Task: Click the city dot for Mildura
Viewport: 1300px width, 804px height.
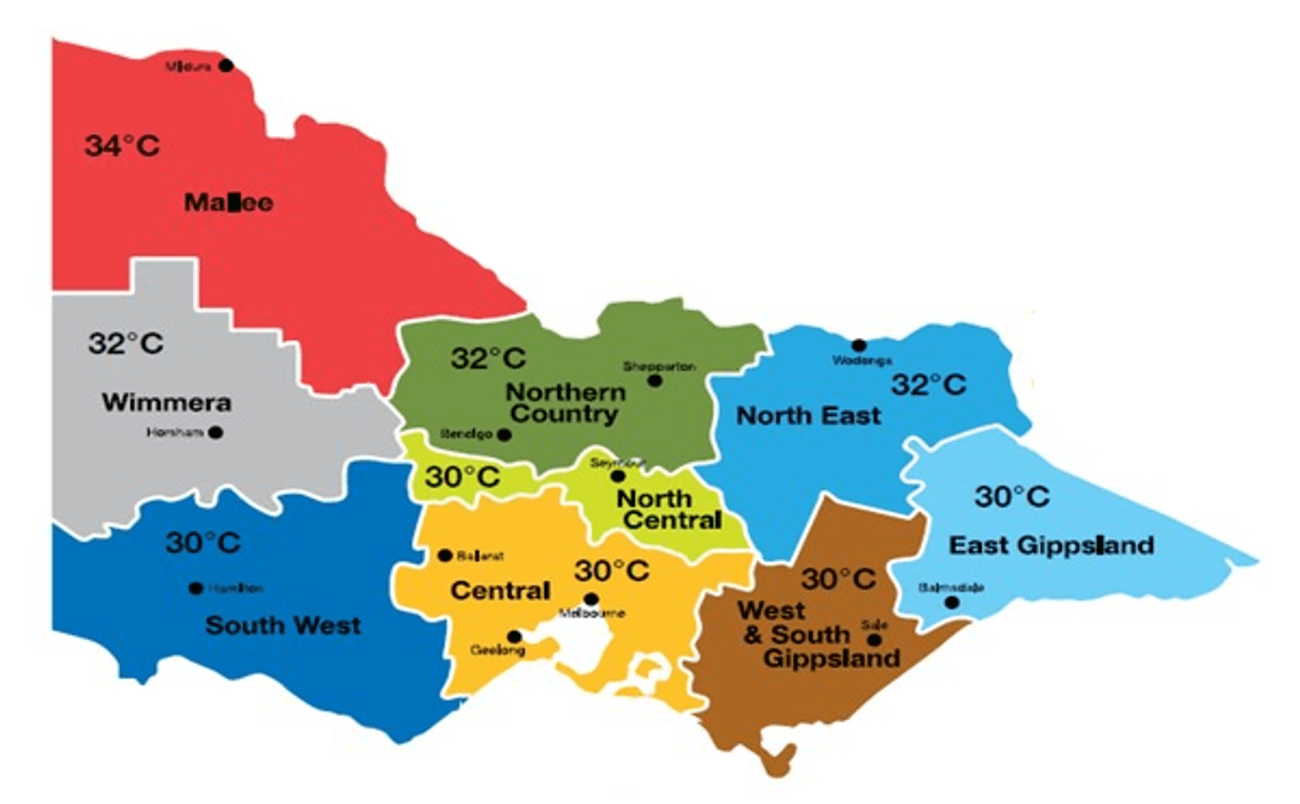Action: pyautogui.click(x=226, y=65)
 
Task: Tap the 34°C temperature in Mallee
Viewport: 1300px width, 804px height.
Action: pyautogui.click(x=122, y=146)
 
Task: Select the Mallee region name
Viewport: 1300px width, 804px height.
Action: pyautogui.click(x=229, y=202)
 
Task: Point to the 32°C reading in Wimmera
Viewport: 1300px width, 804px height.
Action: pyautogui.click(x=126, y=344)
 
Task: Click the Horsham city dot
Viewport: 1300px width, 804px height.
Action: pyautogui.click(x=216, y=432)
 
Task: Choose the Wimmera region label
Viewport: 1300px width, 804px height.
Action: pyautogui.click(x=167, y=402)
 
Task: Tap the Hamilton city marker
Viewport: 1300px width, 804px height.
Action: pyautogui.click(x=196, y=588)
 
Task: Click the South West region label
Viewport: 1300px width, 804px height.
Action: pyautogui.click(x=283, y=625)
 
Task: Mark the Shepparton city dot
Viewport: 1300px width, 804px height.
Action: pyautogui.click(x=654, y=381)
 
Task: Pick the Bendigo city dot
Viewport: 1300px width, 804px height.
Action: pyautogui.click(x=504, y=435)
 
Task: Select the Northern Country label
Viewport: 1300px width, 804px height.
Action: pyautogui.click(x=565, y=403)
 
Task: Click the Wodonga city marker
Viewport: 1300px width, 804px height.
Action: pyautogui.click(x=858, y=345)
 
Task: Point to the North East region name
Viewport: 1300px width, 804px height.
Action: pyautogui.click(x=808, y=416)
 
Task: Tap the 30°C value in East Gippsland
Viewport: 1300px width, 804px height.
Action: pyautogui.click(x=1011, y=497)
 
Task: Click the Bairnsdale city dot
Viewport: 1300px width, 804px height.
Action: pyautogui.click(x=952, y=603)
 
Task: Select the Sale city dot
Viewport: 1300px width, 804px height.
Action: pyautogui.click(x=874, y=640)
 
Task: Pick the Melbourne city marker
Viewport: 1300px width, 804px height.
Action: pyautogui.click(x=592, y=600)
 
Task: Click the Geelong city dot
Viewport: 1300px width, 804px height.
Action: pyautogui.click(x=514, y=636)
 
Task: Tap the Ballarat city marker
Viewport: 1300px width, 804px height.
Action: pyautogui.click(x=444, y=556)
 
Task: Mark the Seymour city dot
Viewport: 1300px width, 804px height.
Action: pyautogui.click(x=618, y=476)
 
